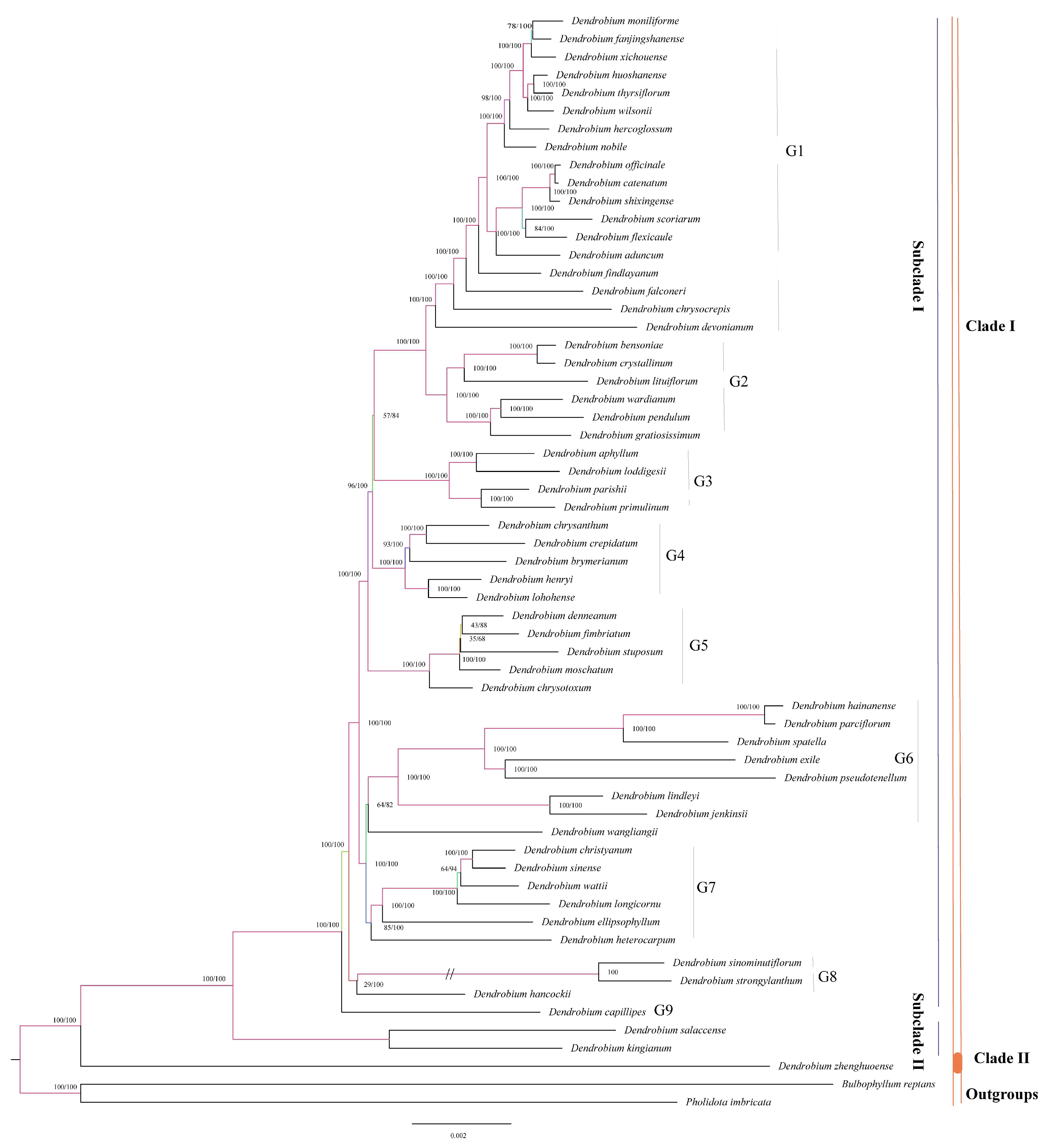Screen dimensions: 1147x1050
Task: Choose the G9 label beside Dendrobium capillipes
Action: [663, 1010]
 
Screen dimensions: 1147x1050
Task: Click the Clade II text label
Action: [1001, 1058]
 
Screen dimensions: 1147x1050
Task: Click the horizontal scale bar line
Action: [461, 1123]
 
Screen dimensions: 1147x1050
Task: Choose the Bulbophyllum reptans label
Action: [888, 1084]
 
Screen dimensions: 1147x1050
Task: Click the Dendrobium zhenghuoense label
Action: [836, 1066]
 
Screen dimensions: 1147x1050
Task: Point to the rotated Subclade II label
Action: [918, 1031]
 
